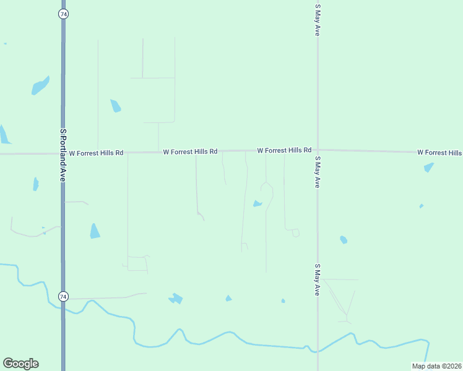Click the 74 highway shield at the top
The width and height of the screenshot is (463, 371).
[63, 14]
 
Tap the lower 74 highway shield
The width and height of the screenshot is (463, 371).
[63, 297]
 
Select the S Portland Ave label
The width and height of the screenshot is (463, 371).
[63, 155]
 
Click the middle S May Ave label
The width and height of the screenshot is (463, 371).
[318, 172]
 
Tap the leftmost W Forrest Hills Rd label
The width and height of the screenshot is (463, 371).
[96, 153]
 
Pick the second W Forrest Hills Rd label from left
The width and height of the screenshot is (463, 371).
[190, 151]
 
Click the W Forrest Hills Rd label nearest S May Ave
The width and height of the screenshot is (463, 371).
[283, 150]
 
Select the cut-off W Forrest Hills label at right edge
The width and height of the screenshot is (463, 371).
[439, 152]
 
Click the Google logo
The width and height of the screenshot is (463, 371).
[20, 364]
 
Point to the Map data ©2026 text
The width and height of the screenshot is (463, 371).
[436, 366]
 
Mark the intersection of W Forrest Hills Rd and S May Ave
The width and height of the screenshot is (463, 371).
[318, 150]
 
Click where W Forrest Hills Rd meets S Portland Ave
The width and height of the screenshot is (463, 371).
[63, 153]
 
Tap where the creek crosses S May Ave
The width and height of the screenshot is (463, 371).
[318, 351]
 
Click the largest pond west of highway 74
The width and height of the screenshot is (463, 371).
[40, 85]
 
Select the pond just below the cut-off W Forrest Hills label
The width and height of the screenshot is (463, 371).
[428, 168]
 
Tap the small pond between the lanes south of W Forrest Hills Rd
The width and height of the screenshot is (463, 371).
[257, 203]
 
